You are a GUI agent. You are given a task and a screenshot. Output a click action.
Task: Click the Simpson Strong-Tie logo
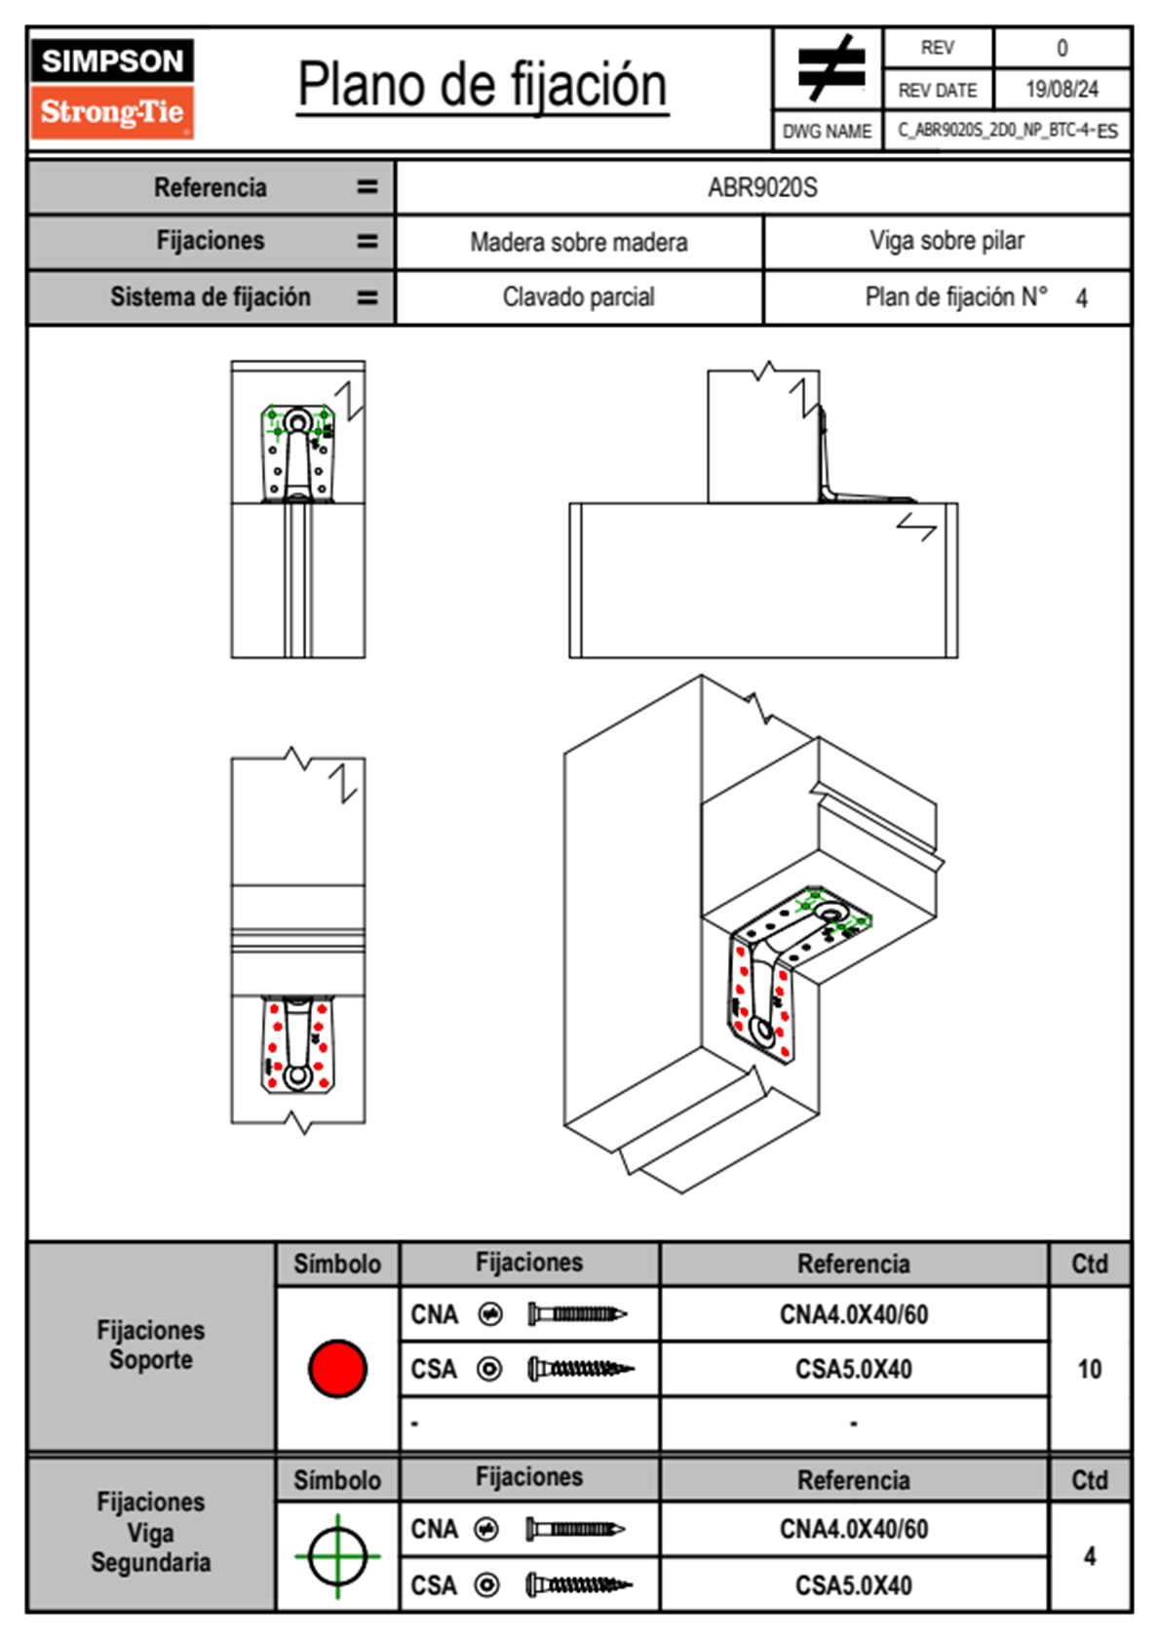tap(112, 89)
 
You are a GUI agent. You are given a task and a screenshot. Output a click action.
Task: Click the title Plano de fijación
tap(483, 85)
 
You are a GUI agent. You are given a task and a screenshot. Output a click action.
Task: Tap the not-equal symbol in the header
tap(831, 68)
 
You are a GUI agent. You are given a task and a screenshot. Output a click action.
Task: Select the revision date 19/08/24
tap(1062, 90)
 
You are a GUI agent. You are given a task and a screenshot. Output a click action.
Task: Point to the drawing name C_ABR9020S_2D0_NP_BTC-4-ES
tap(1007, 131)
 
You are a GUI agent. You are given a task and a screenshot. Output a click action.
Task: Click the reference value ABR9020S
tap(762, 187)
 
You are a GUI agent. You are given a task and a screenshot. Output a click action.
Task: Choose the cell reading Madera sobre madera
tap(579, 242)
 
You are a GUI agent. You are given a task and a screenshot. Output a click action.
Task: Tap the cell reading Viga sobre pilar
tap(947, 241)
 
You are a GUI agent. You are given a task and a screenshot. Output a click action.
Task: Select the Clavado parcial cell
tap(579, 296)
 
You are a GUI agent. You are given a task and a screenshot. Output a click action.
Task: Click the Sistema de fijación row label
tap(211, 296)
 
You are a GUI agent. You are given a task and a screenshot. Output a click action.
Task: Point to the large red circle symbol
tap(337, 1368)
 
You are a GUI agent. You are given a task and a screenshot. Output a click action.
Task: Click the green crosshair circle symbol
tap(337, 1556)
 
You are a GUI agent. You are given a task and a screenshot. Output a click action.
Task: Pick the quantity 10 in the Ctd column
tap(1089, 1369)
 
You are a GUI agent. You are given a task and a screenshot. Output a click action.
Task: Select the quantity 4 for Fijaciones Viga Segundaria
tap(1089, 1556)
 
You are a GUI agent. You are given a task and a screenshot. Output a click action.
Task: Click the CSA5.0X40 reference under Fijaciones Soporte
tap(853, 1369)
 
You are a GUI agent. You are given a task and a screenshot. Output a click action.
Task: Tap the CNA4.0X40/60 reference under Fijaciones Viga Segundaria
tap(853, 1529)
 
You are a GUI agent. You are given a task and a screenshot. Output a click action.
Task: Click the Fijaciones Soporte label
tap(151, 1345)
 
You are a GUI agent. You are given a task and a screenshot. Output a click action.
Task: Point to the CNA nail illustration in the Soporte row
tap(577, 1314)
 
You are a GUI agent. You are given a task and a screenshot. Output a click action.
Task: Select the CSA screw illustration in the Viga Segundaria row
tap(579, 1585)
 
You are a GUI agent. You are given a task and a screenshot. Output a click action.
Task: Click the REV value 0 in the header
tap(1062, 48)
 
